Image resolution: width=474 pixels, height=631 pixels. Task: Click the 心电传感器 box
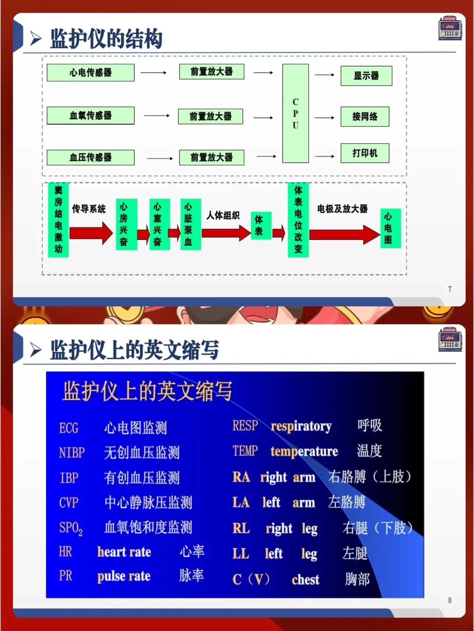[x=90, y=73]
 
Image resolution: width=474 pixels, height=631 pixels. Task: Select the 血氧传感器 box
[x=90, y=116]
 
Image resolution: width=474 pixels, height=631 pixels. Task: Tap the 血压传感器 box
[x=90, y=157]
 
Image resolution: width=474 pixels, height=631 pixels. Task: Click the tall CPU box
[x=295, y=114]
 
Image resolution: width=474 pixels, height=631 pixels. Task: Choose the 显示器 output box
[x=366, y=76]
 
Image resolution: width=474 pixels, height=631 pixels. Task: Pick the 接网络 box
[x=365, y=117]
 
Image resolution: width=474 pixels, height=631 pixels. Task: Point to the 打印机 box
[x=365, y=153]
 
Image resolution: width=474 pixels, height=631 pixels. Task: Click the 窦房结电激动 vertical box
[x=58, y=220]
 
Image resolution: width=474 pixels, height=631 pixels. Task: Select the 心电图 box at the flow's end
[x=390, y=228]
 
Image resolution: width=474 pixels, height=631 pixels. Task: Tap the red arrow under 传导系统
[x=91, y=233]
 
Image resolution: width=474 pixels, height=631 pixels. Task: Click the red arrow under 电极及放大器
[x=344, y=234]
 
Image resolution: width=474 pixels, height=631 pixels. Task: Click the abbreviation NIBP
[x=72, y=453]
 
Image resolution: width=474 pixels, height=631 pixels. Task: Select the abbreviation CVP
[x=69, y=503]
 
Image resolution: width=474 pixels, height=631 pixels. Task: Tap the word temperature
[x=304, y=451]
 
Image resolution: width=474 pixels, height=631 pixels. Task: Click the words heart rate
[x=124, y=552]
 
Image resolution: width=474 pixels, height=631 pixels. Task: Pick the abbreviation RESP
[x=245, y=426]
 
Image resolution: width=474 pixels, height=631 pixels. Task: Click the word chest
[x=305, y=580]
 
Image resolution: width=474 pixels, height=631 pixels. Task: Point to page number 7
[x=450, y=289]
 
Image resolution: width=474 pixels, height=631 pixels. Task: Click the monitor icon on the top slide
[x=450, y=29]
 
